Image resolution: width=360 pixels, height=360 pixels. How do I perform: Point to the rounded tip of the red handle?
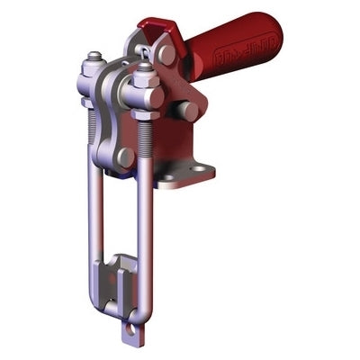pyautogui.click(x=275, y=32)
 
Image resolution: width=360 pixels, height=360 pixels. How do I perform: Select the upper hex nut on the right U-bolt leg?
pyautogui.click(x=142, y=86)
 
